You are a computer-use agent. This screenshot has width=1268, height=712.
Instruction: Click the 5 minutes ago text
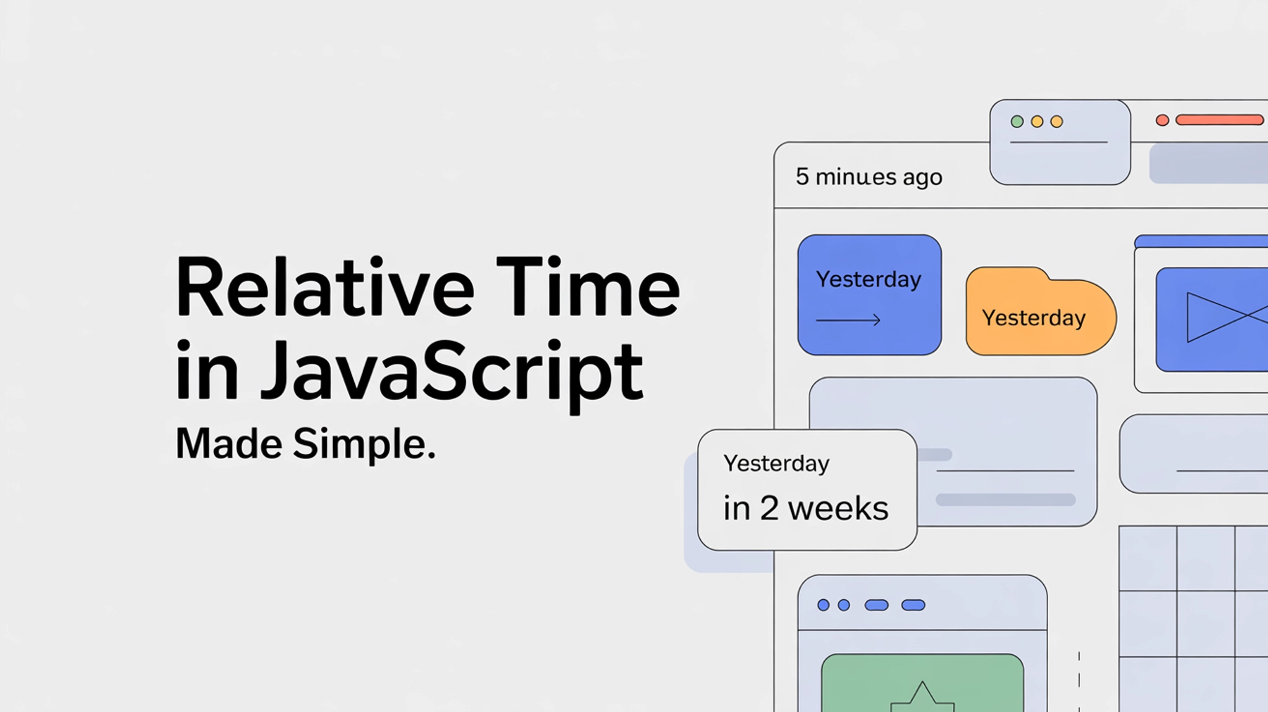[x=869, y=177]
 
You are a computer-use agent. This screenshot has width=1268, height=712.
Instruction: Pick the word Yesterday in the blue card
[x=869, y=279]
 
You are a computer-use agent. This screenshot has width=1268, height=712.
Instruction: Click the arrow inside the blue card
[x=848, y=320]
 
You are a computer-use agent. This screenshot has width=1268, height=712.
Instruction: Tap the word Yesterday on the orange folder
[x=1033, y=319]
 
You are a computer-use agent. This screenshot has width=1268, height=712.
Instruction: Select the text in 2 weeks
[x=806, y=509]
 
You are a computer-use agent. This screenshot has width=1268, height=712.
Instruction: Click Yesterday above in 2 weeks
[x=776, y=464]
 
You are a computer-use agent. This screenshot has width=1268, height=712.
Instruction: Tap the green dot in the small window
[x=1017, y=121]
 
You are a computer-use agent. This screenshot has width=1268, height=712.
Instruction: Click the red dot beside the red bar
[x=1162, y=120]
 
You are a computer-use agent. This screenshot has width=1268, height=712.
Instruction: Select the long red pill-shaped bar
[x=1219, y=120]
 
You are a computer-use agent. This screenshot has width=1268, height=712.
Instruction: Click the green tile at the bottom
[x=922, y=682]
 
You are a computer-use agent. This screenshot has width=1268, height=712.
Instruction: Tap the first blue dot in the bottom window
[x=823, y=605]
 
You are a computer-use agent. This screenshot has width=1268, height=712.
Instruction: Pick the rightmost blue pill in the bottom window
[x=913, y=605]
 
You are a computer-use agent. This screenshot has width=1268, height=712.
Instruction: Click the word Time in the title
[x=588, y=289]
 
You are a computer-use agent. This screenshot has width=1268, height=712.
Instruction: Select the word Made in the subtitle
[x=228, y=444]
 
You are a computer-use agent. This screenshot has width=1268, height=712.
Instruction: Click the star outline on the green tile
[x=923, y=697]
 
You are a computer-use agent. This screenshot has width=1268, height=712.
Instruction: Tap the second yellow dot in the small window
[x=1057, y=121]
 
